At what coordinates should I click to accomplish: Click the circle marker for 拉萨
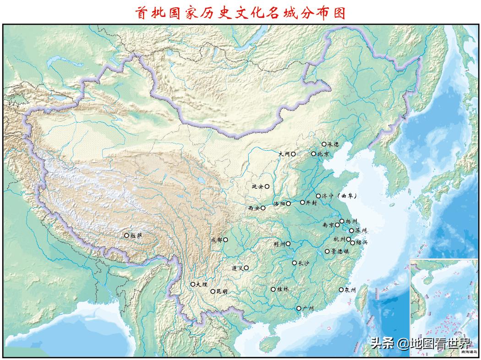pyautogui.click(x=127, y=235)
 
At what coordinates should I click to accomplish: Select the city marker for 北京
pyautogui.click(x=314, y=154)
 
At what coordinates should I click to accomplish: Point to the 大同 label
pyautogui.click(x=284, y=154)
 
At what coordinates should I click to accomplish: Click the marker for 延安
pyautogui.click(x=267, y=186)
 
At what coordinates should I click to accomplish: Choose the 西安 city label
pyautogui.click(x=254, y=208)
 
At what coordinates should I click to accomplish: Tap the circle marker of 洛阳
pyautogui.click(x=288, y=203)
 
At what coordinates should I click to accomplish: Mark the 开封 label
pyautogui.click(x=311, y=202)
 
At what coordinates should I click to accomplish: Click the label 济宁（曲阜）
pyautogui.click(x=339, y=196)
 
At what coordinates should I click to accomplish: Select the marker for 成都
pyautogui.click(x=225, y=240)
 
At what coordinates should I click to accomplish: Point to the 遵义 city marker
pyautogui.click(x=246, y=268)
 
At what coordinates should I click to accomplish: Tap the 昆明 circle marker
pyautogui.click(x=213, y=291)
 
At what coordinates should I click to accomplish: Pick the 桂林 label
pyautogui.click(x=283, y=289)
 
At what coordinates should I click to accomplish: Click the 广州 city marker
pyautogui.click(x=299, y=309)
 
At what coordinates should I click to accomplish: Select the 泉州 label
pyautogui.click(x=350, y=289)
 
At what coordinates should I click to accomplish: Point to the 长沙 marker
pyautogui.click(x=295, y=263)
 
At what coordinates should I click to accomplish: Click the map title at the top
pyautogui.click(x=240, y=12)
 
